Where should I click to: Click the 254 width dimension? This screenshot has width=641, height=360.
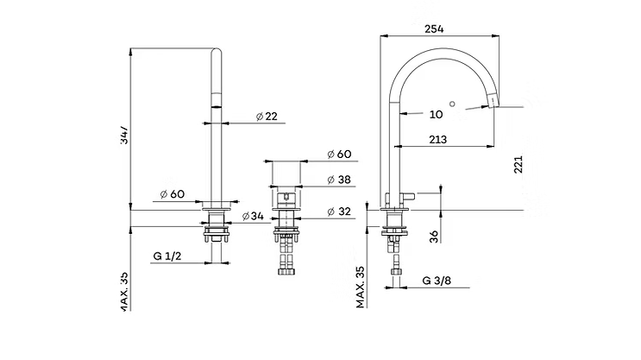pos(435,28)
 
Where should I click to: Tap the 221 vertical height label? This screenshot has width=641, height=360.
pos(518,164)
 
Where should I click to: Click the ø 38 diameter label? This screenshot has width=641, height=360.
pos(338,180)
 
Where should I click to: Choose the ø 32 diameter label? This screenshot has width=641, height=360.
pos(338,212)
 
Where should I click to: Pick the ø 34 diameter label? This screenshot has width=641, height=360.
pos(252,216)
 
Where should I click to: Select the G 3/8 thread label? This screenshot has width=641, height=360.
pos(438,281)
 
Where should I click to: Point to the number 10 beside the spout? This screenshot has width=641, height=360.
pos(435,113)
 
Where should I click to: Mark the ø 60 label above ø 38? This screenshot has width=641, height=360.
pos(338,154)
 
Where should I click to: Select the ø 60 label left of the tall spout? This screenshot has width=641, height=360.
pos(173,193)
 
